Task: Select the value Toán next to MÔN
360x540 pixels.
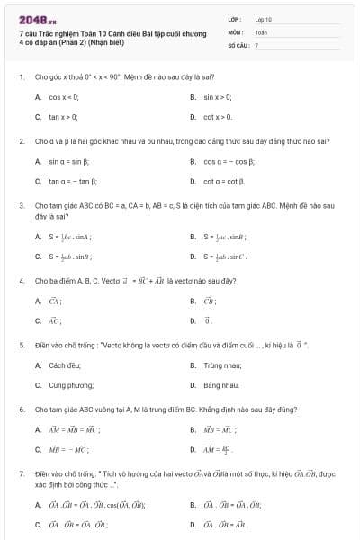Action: [262, 31]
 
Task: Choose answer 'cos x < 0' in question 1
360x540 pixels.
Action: [64, 96]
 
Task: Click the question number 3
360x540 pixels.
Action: [21, 205]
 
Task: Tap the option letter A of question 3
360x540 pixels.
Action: [38, 237]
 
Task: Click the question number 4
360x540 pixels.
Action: [21, 281]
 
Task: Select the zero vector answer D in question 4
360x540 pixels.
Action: [209, 319]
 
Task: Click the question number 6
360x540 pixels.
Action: [21, 409]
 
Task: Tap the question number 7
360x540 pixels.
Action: [21, 472]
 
